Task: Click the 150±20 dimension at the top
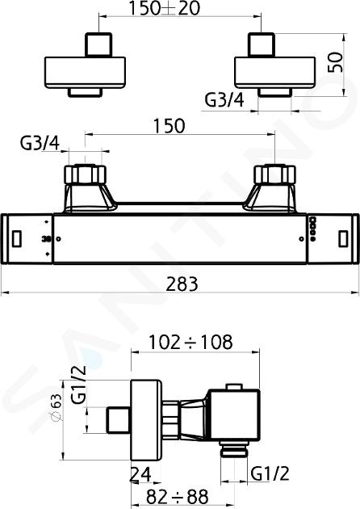[165, 8]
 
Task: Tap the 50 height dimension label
[335, 62]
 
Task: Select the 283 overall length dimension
[182, 284]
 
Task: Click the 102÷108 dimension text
[190, 342]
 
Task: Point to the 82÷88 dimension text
[177, 496]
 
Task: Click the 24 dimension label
[140, 475]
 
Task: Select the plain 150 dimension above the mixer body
[169, 125]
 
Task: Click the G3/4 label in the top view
[224, 100]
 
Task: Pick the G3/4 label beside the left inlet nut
[40, 145]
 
